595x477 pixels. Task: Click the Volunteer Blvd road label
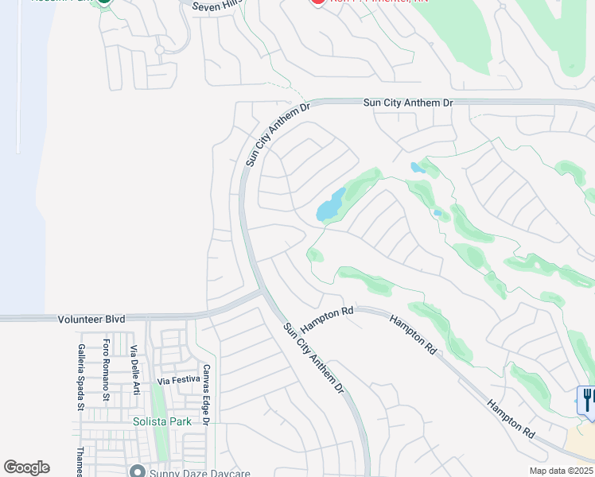click(x=91, y=319)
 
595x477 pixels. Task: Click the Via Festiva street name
click(x=178, y=380)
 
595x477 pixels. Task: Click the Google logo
click(x=26, y=467)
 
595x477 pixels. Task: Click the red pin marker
click(x=317, y=2)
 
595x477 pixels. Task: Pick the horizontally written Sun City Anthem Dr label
click(x=407, y=103)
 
